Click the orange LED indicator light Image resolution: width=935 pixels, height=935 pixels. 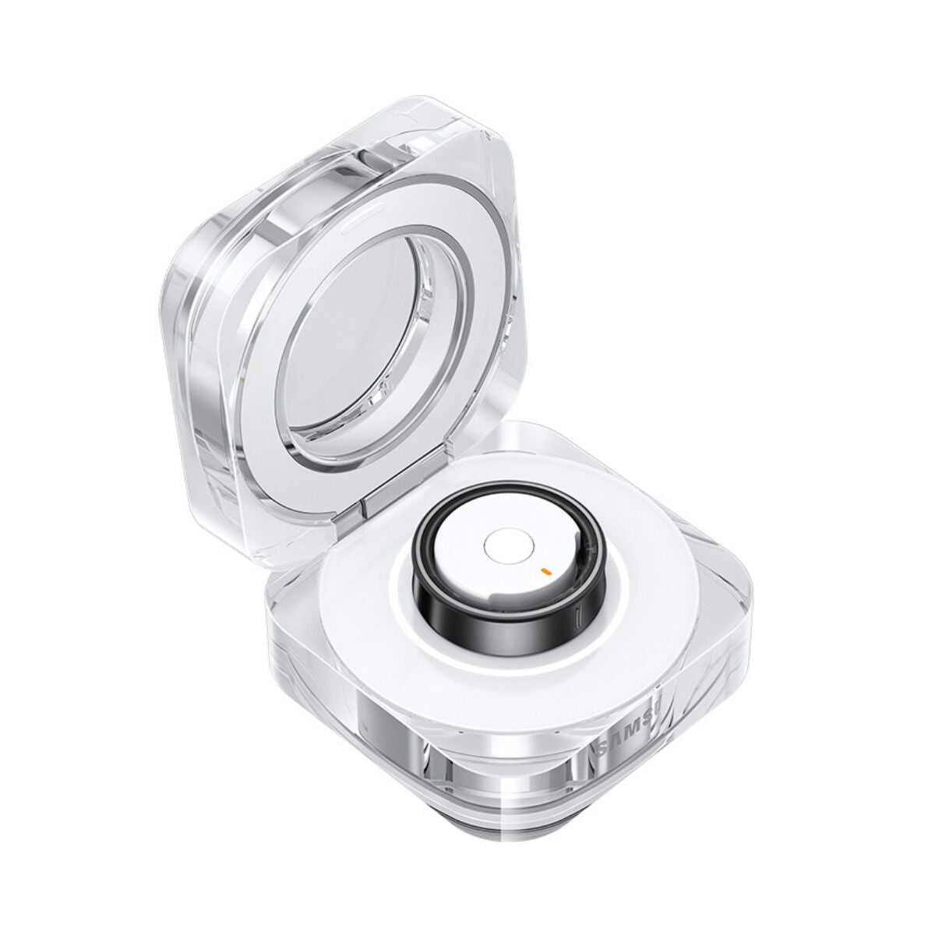[x=546, y=570]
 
